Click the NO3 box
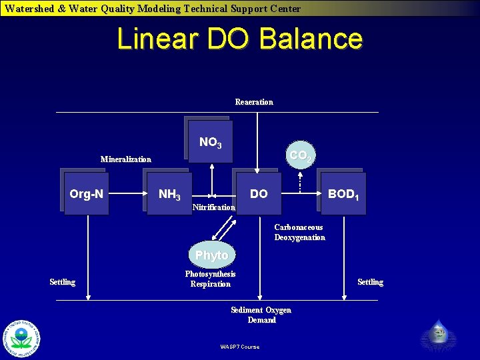211,142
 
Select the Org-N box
86,194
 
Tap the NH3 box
169,195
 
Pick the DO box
259,194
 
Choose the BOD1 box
343,194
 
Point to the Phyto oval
211,255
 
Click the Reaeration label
254,102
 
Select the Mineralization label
125,159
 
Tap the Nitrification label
213,207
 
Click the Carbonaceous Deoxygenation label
299,232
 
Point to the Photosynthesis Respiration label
210,279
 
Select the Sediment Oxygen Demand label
261,315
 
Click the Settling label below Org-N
63,282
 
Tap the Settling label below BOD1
370,282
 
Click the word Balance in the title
311,39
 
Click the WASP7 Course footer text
239,346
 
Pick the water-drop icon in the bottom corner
438,331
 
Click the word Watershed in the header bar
31,9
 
